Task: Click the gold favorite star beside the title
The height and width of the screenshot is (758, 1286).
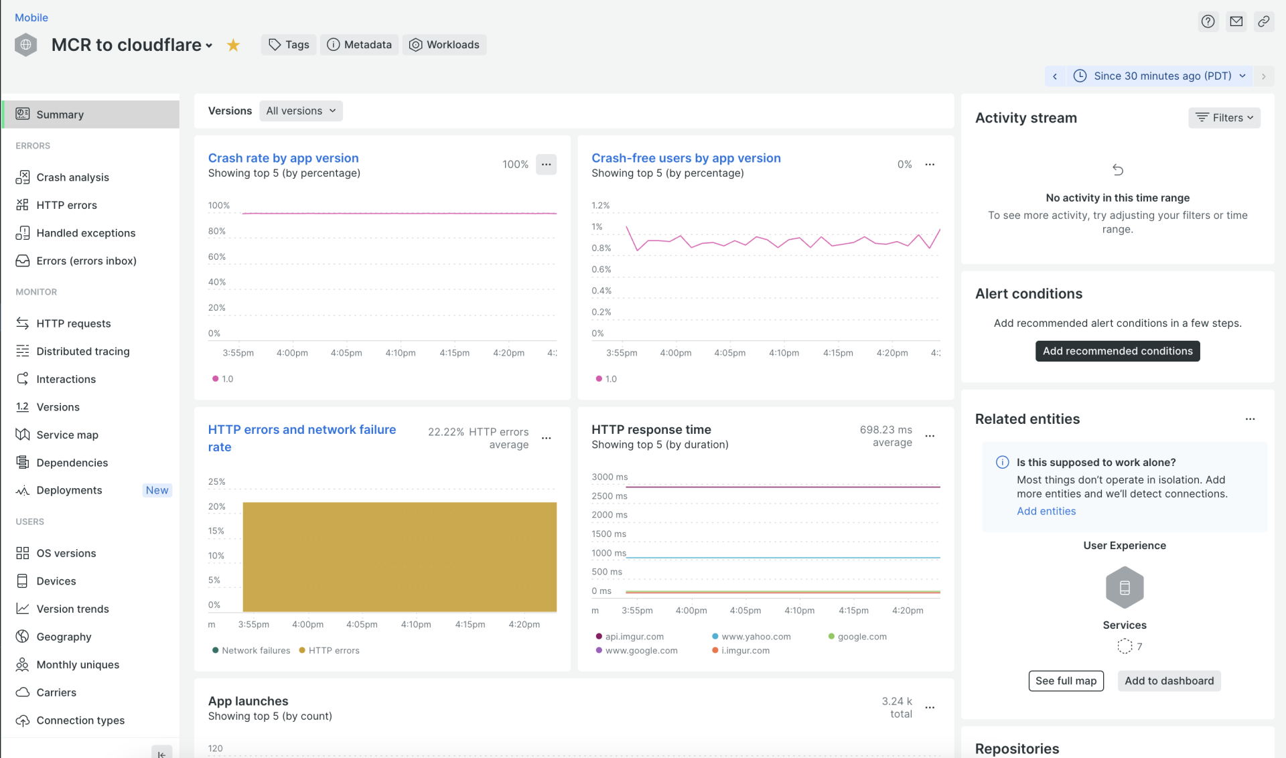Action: point(233,45)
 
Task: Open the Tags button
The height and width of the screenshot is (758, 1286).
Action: point(289,45)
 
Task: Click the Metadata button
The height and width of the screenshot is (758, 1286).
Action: point(359,45)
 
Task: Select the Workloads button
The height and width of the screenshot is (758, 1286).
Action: point(444,45)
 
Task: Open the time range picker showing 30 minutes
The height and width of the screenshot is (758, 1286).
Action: point(1162,76)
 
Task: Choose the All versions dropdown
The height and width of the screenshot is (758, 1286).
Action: point(301,111)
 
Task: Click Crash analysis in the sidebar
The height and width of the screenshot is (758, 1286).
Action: point(72,177)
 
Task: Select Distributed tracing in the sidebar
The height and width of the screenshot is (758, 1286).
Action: point(83,352)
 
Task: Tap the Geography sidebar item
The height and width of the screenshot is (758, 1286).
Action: point(64,637)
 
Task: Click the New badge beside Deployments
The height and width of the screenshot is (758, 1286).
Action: point(157,490)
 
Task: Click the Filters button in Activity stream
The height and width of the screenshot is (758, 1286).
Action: point(1224,118)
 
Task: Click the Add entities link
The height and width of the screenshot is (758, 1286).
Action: point(1046,512)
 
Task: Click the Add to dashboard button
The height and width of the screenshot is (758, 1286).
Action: point(1169,681)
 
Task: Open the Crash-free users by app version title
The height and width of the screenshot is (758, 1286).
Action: point(686,158)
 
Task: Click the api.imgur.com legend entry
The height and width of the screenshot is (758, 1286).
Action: point(634,637)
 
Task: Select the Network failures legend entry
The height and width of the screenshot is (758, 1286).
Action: point(255,651)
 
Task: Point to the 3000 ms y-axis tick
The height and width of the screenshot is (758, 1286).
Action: point(610,477)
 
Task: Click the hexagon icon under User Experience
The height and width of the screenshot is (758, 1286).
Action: point(1125,588)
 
